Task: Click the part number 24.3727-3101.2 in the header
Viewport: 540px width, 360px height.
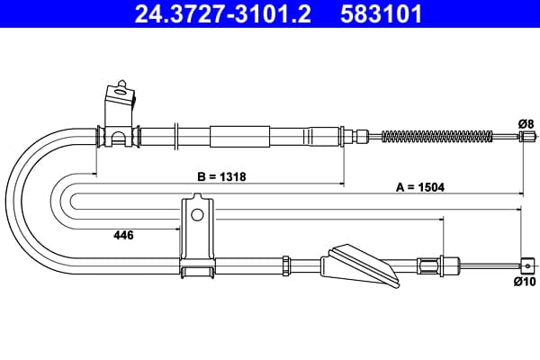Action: click(x=223, y=13)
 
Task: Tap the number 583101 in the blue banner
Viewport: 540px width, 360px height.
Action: click(x=381, y=13)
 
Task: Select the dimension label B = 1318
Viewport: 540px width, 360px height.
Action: click(x=221, y=176)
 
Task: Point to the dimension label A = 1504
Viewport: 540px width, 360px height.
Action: click(x=420, y=187)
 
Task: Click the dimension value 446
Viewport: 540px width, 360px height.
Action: click(x=123, y=235)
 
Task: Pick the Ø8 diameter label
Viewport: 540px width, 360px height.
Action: click(x=526, y=123)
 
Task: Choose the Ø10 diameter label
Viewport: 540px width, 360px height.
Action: click(x=525, y=282)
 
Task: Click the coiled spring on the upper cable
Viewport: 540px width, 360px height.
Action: click(x=437, y=137)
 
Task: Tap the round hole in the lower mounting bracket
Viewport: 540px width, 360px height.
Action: click(x=197, y=214)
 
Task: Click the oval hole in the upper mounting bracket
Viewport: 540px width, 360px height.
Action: click(x=121, y=92)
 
